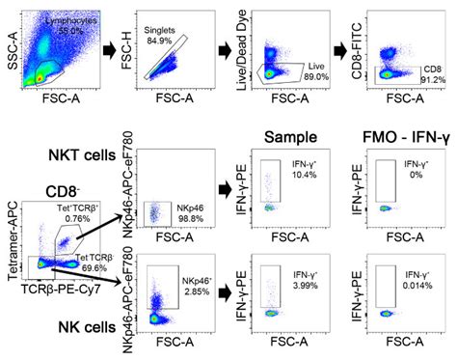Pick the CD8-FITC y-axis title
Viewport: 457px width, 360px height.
click(364, 46)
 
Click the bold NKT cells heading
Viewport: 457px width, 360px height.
click(61, 155)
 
